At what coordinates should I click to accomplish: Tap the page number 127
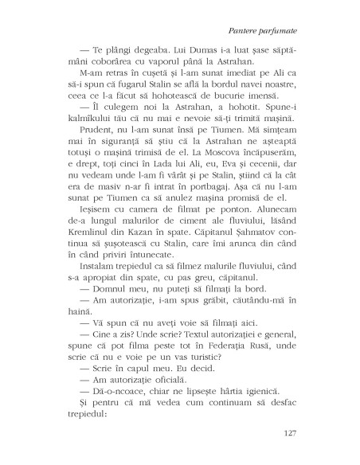[289, 433]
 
